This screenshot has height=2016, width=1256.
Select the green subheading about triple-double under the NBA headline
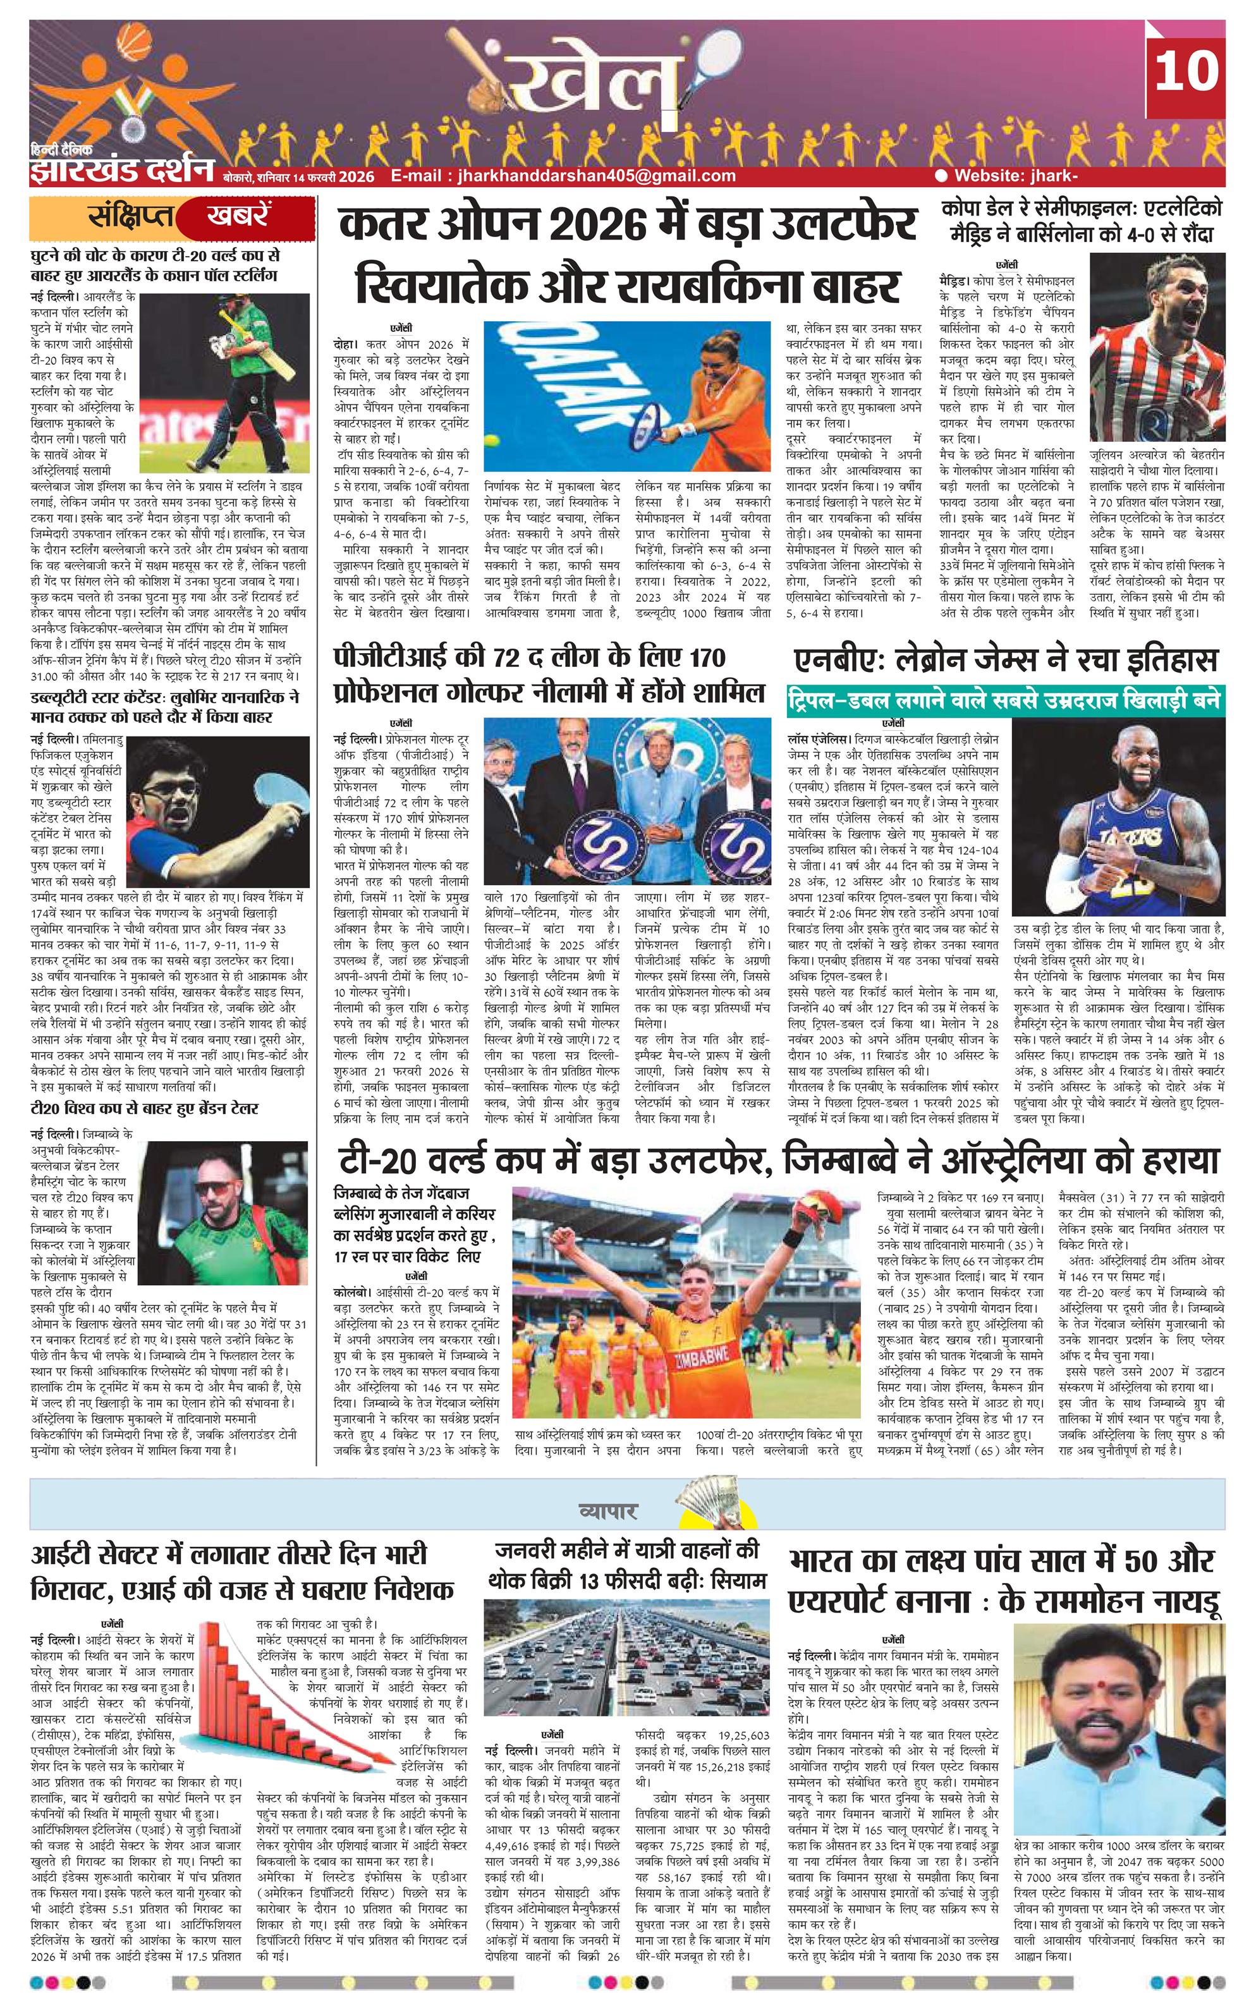(1004, 701)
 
